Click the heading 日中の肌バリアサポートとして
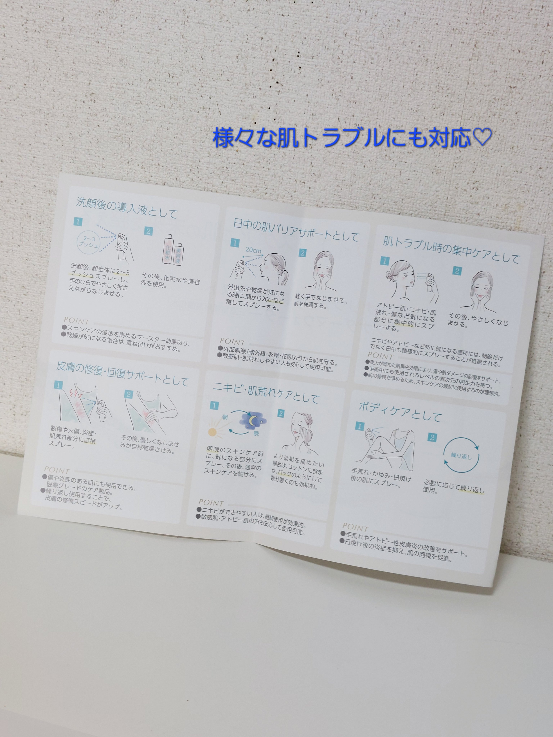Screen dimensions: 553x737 (296, 230)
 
